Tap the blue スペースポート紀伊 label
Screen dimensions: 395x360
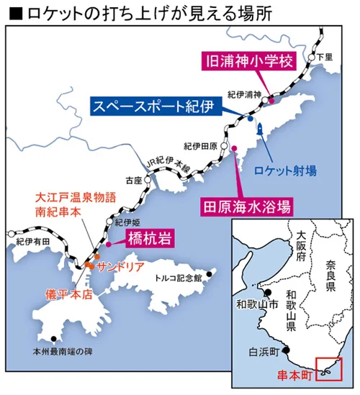(153, 106)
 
